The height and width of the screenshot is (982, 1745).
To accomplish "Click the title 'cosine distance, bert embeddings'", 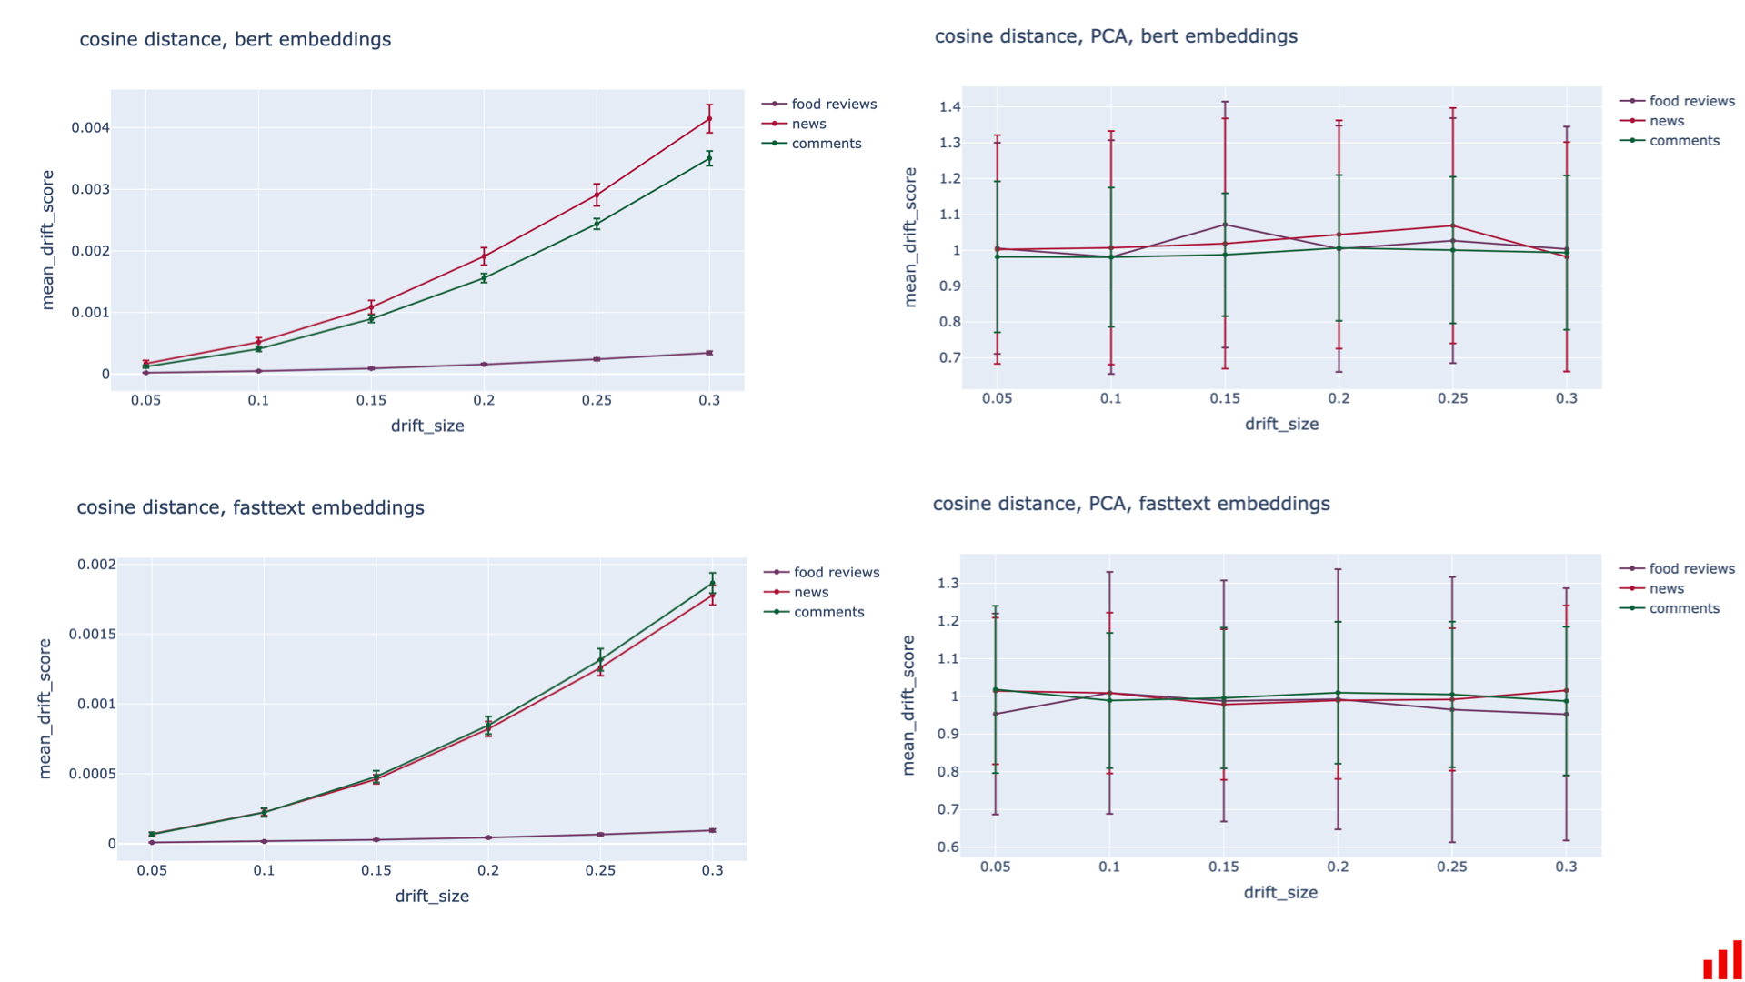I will [235, 39].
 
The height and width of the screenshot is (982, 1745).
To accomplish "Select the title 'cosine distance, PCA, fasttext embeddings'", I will [1130, 504].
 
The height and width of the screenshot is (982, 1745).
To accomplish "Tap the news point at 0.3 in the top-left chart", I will [709, 119].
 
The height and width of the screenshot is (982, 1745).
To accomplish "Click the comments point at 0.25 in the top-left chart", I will [597, 224].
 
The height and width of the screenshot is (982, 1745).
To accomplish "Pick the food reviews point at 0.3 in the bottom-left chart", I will [712, 830].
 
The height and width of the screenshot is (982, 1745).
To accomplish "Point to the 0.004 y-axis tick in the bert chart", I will [91, 127].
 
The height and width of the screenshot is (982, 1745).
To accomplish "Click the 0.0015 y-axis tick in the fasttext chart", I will [93, 634].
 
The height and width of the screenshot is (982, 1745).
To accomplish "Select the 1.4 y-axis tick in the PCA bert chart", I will [949, 107].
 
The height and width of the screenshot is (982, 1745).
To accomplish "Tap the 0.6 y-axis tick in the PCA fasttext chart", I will [948, 847].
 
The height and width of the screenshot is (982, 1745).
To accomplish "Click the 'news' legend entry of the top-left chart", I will [808, 124].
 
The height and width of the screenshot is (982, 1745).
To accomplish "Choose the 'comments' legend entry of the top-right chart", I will [1684, 141].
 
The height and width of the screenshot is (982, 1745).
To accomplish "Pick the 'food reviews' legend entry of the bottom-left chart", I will [836, 572].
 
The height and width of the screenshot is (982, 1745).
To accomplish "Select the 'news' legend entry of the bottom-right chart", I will [1666, 588].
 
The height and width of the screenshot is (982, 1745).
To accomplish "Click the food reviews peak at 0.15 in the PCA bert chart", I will [1225, 225].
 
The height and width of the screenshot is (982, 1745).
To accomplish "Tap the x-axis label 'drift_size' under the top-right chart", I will [1280, 424].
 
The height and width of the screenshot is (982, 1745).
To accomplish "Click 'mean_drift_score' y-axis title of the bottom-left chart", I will [45, 708].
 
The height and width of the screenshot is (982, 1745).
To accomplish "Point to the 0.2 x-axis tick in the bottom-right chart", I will [1337, 867].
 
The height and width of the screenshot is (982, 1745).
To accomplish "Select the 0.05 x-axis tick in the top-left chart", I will [145, 400].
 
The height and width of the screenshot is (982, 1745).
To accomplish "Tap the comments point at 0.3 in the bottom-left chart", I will [712, 583].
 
